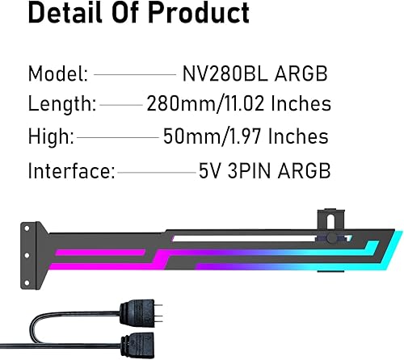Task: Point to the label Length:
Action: point(62,104)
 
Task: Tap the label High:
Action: point(51,137)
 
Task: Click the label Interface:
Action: point(71,171)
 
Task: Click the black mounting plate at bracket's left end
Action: point(32,242)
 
